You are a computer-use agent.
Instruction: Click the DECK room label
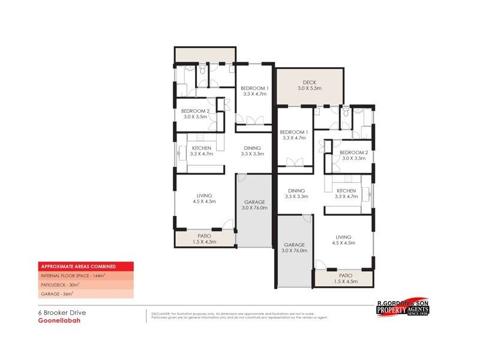[x=309, y=82]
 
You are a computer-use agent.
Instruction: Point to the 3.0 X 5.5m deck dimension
[x=309, y=89]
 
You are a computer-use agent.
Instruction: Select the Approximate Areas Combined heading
[x=77, y=266]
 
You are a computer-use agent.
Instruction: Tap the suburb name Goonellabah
[x=55, y=320]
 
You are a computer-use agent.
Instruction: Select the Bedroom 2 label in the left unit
[x=195, y=111]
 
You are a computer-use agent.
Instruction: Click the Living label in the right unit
[x=344, y=236]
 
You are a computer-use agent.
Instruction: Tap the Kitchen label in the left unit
[x=202, y=148]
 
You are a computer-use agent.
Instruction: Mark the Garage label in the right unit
[x=294, y=245]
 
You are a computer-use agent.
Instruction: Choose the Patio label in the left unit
[x=204, y=236]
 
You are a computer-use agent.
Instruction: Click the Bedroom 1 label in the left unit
[x=255, y=88]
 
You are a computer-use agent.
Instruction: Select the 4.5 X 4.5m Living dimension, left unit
[x=204, y=202]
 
